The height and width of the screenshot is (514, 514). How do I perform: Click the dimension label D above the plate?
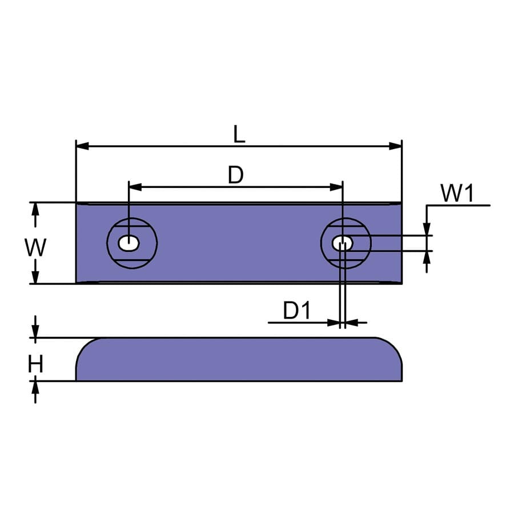coord(235,175)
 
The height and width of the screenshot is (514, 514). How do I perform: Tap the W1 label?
coord(457,194)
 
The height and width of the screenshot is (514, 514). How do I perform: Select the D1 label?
coord(296,311)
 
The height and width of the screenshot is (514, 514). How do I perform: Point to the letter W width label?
coord(35,248)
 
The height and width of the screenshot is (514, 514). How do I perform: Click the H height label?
coord(35,364)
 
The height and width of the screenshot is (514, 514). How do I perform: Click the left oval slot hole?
coord(128,243)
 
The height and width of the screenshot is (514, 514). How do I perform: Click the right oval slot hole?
coord(343,243)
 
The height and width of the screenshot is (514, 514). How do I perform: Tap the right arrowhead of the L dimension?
coord(395,146)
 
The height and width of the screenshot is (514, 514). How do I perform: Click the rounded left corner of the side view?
coord(86,346)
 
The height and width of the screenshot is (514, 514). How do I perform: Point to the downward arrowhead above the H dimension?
coord(35,332)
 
